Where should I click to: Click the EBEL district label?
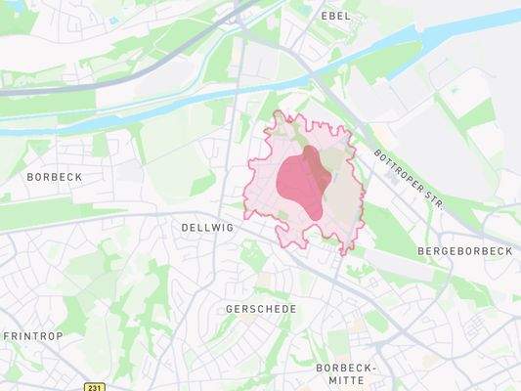(x=335, y=17)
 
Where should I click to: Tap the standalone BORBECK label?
(x=55, y=177)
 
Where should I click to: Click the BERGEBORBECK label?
(x=465, y=251)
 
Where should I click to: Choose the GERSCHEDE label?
(x=260, y=309)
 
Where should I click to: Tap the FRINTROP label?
(x=33, y=335)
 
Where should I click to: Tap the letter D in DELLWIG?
(x=185, y=226)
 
